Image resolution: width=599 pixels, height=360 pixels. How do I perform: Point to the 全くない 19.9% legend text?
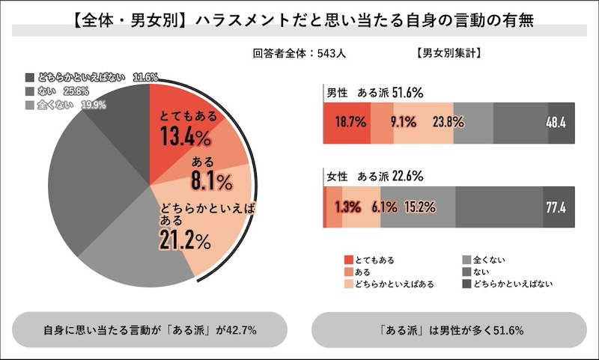tap(76, 105)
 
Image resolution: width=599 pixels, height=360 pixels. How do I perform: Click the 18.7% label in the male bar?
tap(348, 122)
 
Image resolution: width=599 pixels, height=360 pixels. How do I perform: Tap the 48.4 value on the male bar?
tap(556, 122)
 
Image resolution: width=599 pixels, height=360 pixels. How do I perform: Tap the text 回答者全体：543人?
tap(300, 54)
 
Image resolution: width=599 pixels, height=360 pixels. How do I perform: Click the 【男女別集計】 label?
tap(447, 54)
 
